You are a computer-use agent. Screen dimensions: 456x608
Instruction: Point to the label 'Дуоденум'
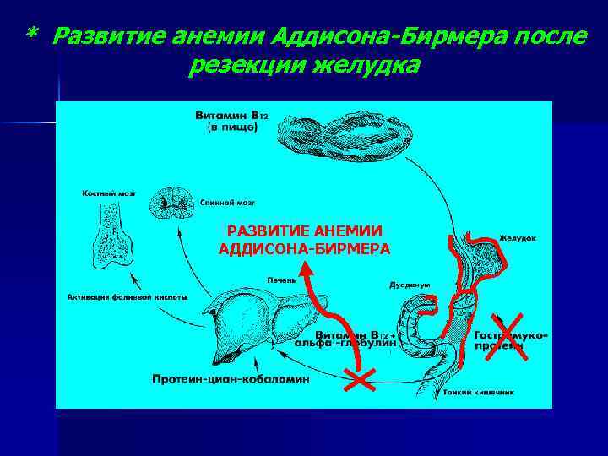pyautogui.click(x=410, y=285)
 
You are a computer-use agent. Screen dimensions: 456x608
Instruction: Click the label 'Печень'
pyautogui.click(x=280, y=279)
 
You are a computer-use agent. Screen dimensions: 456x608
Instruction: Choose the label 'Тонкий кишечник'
pyautogui.click(x=503, y=392)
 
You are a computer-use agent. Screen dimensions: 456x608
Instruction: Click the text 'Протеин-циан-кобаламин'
pyautogui.click(x=231, y=378)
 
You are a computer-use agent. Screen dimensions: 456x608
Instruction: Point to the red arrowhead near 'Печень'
pyautogui.click(x=308, y=270)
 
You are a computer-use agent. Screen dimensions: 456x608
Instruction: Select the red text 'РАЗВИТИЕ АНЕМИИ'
pyautogui.click(x=305, y=231)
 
